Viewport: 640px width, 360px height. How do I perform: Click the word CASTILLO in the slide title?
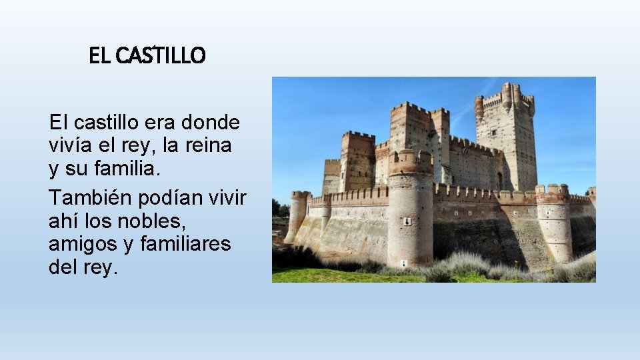tap(160, 56)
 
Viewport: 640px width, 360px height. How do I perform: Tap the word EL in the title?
tap(100, 56)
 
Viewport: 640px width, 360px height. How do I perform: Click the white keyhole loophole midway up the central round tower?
tap(408, 221)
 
